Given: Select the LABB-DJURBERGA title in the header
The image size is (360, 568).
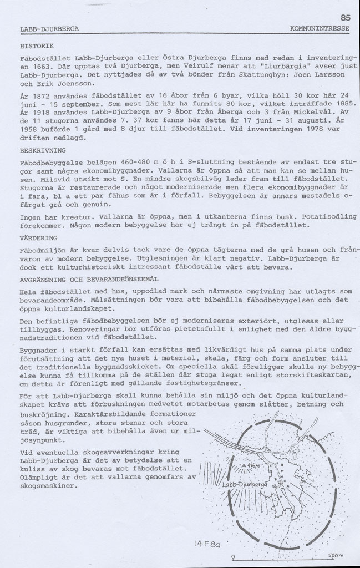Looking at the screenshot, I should tap(49, 28).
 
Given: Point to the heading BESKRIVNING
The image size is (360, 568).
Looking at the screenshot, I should tap(43, 150).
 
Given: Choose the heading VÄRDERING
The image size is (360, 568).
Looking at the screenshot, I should tap(39, 237).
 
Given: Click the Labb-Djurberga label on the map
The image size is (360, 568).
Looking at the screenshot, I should tap(245, 486).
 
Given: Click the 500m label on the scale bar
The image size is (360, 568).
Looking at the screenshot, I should tap(336, 555).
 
